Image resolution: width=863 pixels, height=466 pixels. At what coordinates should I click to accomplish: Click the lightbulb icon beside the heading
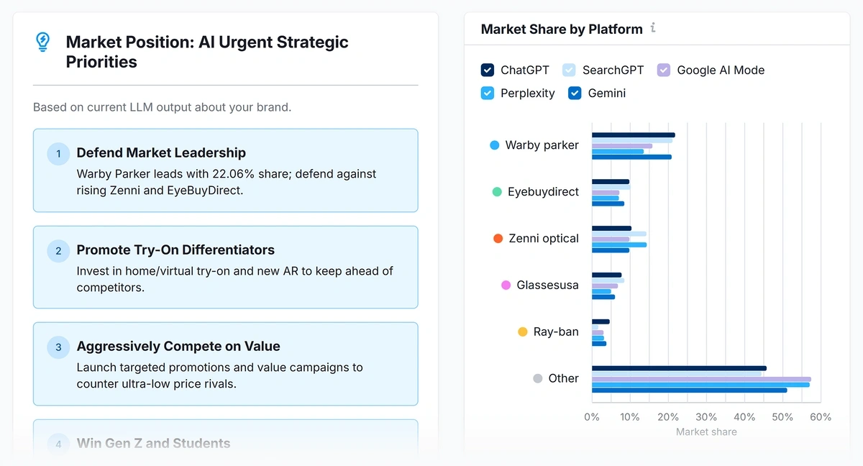click(x=43, y=42)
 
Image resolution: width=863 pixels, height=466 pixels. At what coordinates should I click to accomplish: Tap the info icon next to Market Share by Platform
click(x=653, y=28)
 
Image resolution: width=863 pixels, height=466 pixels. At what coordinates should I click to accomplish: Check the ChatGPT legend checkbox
click(x=488, y=70)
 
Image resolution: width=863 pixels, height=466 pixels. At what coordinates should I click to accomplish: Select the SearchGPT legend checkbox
click(x=569, y=70)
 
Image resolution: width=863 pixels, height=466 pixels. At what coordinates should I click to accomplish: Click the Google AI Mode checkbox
click(x=664, y=70)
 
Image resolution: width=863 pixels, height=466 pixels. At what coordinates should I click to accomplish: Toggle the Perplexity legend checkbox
click(x=488, y=93)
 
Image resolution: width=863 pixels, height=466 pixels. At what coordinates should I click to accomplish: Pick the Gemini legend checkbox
click(x=575, y=93)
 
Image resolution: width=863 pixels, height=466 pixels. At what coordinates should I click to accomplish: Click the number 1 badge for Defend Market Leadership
click(x=58, y=154)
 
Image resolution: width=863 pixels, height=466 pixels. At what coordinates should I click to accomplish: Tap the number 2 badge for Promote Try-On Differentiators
click(x=58, y=251)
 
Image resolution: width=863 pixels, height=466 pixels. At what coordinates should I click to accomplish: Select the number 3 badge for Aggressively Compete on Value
click(x=58, y=347)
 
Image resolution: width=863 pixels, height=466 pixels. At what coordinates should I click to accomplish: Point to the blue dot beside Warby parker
click(x=495, y=145)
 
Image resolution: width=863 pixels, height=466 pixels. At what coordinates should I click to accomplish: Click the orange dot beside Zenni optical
click(x=498, y=239)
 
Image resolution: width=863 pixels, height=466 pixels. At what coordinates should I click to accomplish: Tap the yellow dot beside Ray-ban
click(x=523, y=332)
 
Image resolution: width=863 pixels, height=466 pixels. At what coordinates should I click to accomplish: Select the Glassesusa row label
click(x=547, y=285)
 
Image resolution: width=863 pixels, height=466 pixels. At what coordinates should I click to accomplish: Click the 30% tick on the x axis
click(x=706, y=417)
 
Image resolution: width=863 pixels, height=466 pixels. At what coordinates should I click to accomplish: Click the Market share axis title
click(x=706, y=432)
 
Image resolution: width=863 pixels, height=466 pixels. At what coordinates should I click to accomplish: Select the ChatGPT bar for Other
click(x=678, y=368)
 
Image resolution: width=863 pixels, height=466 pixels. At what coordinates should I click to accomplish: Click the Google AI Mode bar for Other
click(x=701, y=379)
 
